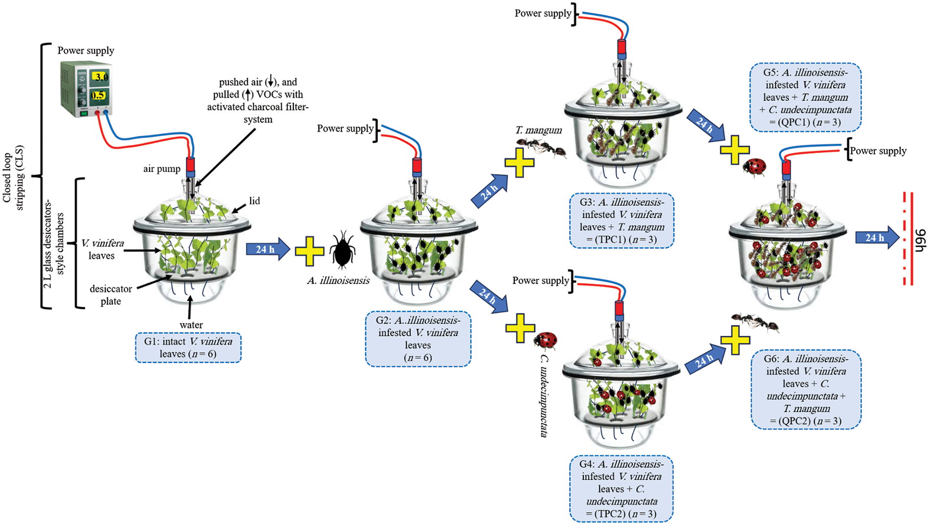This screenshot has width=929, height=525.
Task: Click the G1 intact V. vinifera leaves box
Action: click(188, 348)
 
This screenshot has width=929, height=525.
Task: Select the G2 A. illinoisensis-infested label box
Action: click(418, 339)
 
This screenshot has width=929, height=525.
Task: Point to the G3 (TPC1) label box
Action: click(621, 220)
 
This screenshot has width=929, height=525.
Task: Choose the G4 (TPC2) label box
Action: click(621, 489)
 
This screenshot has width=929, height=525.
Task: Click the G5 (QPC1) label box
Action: click(805, 97)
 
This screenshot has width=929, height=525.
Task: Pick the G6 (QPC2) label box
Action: click(806, 390)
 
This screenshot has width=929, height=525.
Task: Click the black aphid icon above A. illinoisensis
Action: click(342, 250)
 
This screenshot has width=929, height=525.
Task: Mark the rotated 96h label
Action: click(920, 241)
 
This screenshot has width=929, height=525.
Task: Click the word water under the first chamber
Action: click(191, 325)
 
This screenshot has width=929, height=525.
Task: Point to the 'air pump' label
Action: click(161, 169)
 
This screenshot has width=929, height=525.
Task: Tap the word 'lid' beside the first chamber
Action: click(254, 201)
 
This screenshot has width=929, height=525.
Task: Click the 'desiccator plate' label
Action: click(111, 295)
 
